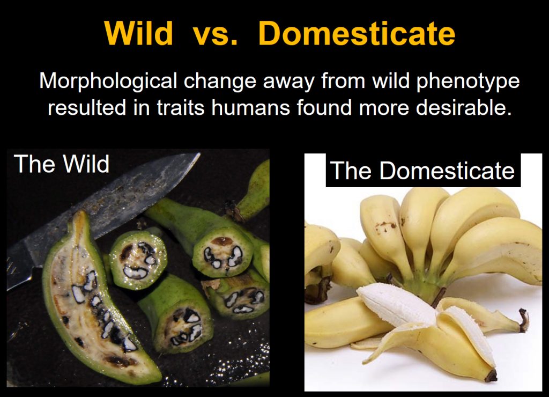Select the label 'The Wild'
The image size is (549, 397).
click(62, 164)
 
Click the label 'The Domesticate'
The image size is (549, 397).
click(422, 171)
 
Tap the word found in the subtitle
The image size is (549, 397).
click(322, 107)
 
